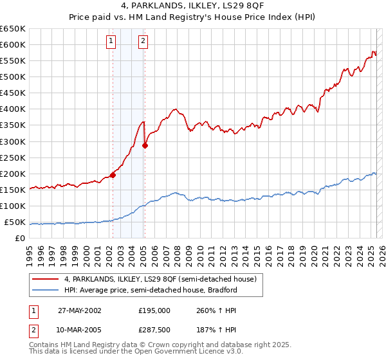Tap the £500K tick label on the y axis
[13, 77]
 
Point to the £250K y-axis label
[13, 158]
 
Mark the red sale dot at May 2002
[113, 174]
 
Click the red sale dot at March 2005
[145, 145]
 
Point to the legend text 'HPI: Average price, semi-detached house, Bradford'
[151, 290]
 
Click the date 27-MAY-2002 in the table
[80, 310]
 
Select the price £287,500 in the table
[154, 330]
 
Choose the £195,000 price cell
[154, 310]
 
